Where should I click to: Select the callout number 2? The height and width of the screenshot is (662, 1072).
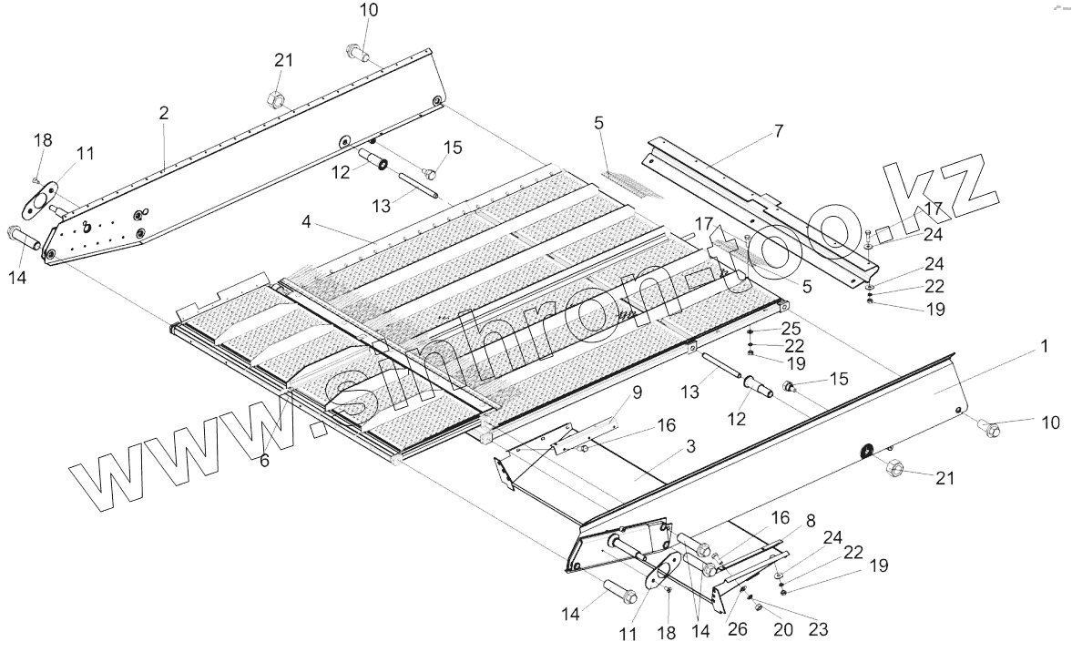click(163, 113)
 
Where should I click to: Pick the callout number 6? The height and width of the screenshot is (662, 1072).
click(264, 461)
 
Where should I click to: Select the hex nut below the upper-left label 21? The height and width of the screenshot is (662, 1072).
click(275, 98)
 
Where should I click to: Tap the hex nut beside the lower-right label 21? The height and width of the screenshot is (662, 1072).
click(893, 469)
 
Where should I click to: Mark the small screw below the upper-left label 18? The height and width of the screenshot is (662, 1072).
click(37, 179)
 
